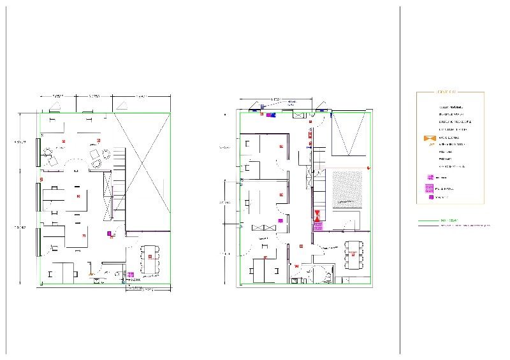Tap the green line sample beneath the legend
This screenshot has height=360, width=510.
428,220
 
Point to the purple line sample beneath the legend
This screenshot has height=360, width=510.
428,225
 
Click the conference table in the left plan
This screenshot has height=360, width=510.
150,258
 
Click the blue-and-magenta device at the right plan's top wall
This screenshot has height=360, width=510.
270,115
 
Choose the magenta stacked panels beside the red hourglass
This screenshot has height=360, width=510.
317,224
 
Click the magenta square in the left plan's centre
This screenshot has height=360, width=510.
109,233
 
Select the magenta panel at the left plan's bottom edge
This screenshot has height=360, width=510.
130,275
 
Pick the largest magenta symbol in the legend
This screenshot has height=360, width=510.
429,188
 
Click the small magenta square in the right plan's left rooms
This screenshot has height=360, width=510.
279,220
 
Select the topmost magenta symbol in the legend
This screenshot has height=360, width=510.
430,177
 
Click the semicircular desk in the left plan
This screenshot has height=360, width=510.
75,164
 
